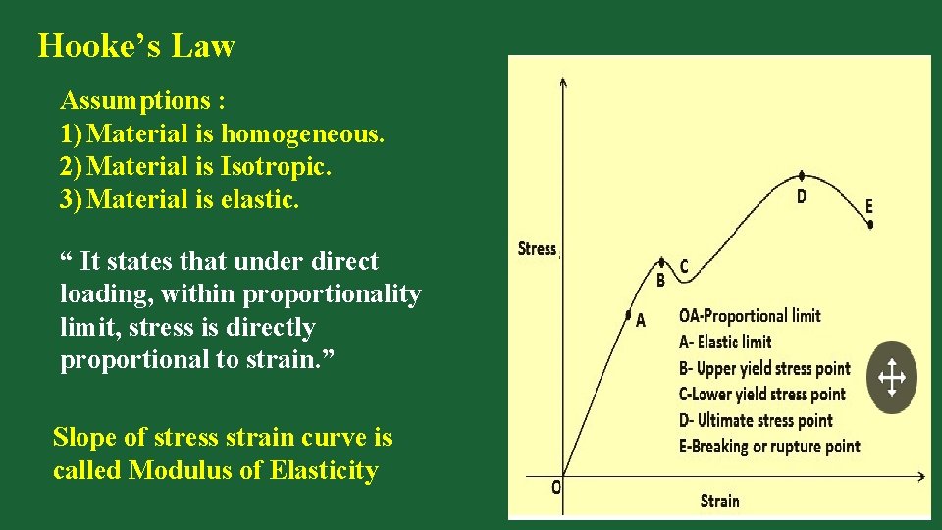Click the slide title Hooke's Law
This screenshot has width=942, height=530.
[x=136, y=46]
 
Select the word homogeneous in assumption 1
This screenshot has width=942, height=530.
[x=302, y=133]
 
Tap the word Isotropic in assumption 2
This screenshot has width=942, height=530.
[x=278, y=167]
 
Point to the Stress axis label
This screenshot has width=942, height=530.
[x=537, y=249]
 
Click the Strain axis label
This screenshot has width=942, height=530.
[x=719, y=502]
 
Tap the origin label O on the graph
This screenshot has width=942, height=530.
[x=556, y=487]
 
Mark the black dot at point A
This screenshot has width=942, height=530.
[x=628, y=315]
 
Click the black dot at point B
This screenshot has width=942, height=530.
[x=661, y=263]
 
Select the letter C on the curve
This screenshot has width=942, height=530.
[x=684, y=266]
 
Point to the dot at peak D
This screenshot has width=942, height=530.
[x=803, y=176]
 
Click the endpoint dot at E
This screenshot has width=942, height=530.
[x=870, y=224]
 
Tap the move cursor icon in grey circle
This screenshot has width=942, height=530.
[x=891, y=377]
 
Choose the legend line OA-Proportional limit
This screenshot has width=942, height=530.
[x=750, y=316]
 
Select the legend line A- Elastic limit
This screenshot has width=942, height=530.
[x=725, y=343]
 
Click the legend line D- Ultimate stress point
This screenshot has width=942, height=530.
[x=756, y=420]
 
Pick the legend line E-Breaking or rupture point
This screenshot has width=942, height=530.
[x=769, y=447]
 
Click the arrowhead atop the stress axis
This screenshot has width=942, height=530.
[x=562, y=81]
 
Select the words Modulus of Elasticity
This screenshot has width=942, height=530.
[x=253, y=470]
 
